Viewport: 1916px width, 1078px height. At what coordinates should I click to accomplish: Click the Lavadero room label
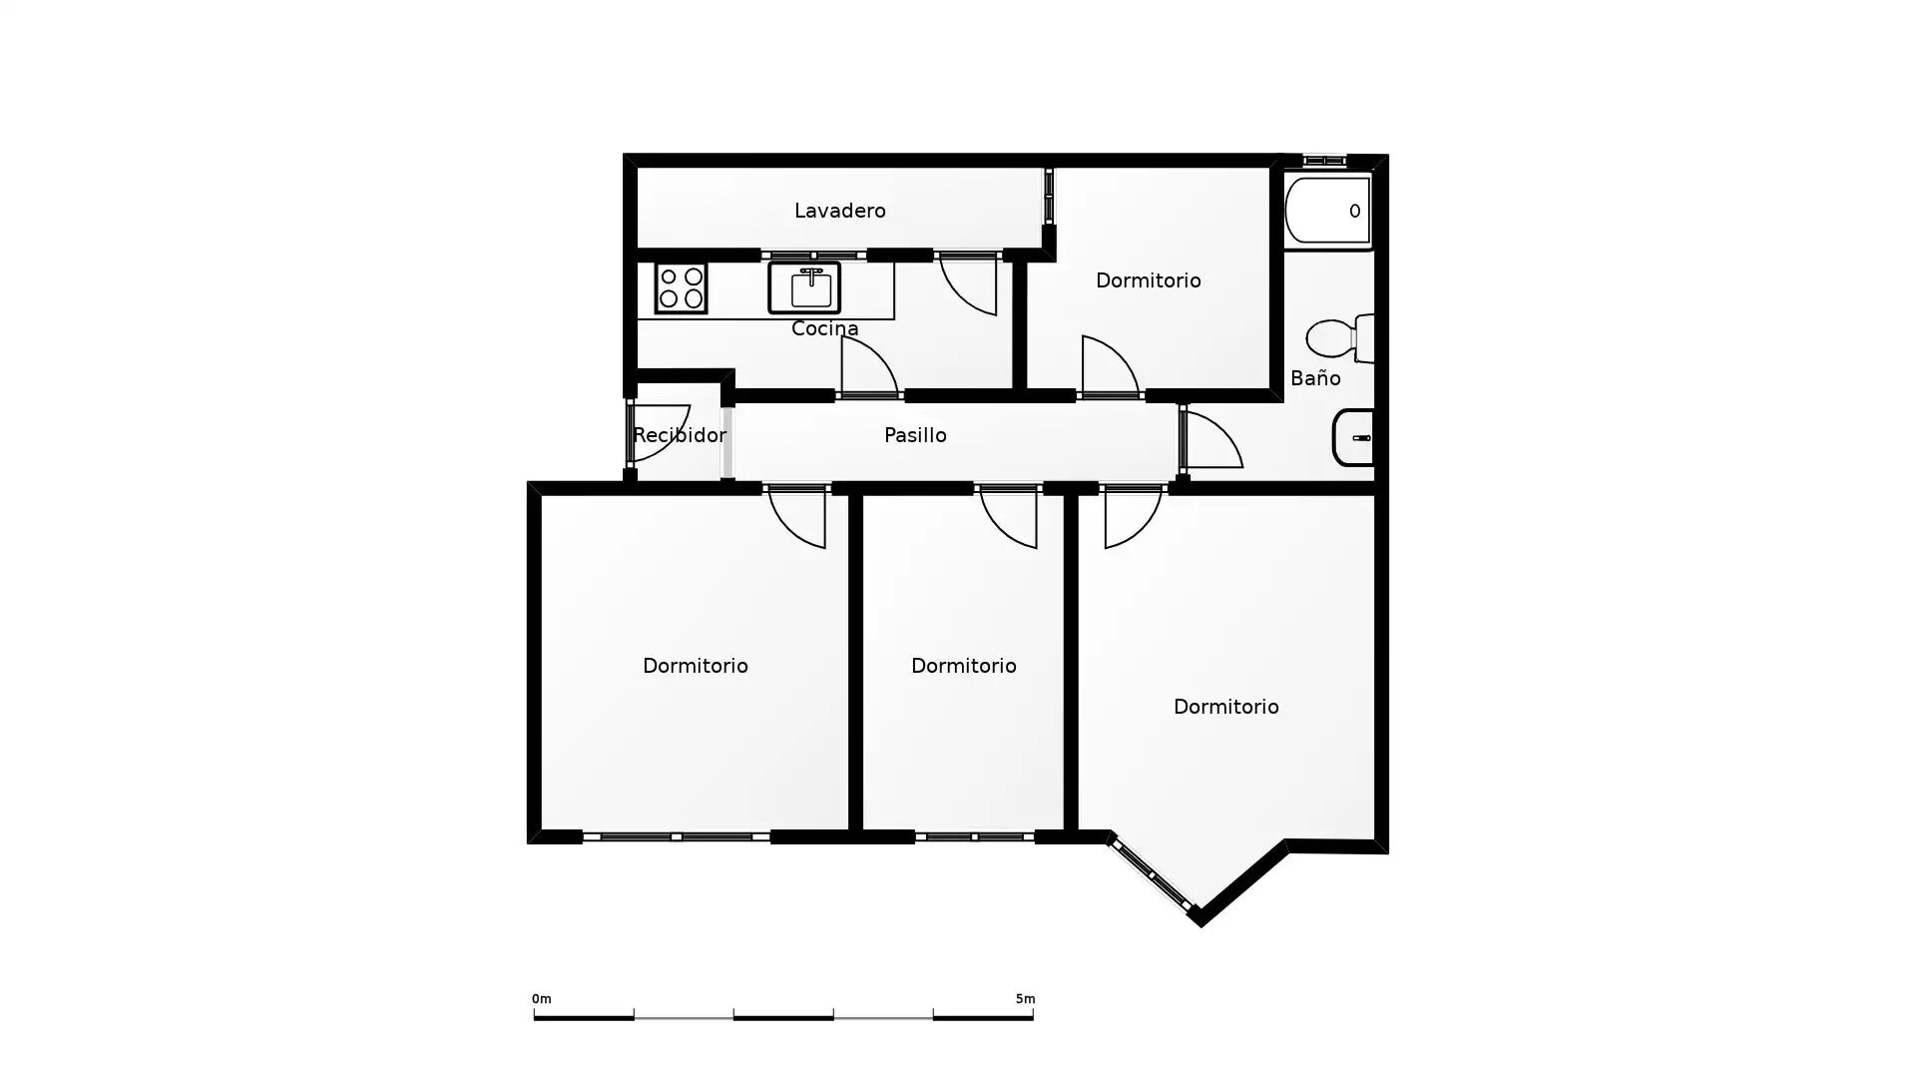839,211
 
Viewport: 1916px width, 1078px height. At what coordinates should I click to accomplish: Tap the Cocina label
824,328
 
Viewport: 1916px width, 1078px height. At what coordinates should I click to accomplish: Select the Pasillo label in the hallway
915,435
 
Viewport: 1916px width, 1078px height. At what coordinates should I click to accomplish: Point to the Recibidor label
680,435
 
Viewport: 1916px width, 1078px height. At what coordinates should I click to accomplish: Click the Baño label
1315,377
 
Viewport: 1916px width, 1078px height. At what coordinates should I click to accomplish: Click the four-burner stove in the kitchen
681,287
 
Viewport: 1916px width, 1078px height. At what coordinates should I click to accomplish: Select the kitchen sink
804,287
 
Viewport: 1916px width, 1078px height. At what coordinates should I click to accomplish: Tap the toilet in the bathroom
1339,338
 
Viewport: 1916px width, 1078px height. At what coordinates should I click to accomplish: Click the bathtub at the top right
1328,211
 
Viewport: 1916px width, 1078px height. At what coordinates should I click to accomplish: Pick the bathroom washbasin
1353,437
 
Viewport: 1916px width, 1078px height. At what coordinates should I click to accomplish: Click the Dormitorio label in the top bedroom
1148,280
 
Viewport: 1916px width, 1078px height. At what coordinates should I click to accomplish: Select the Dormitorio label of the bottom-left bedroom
695,666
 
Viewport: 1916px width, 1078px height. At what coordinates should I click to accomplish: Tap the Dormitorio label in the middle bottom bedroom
963,666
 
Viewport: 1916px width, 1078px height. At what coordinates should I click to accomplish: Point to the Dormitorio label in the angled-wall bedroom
1225,707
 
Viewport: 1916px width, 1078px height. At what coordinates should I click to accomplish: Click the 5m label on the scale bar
1025,998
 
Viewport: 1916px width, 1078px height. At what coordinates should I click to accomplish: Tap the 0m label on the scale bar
541,998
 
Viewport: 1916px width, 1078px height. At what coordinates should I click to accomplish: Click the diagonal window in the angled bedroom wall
1151,874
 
